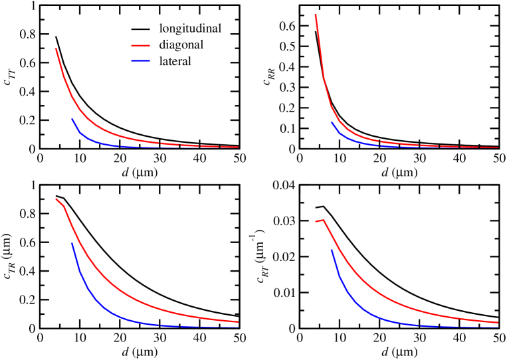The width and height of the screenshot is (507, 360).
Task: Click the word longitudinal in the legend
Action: tap(190, 29)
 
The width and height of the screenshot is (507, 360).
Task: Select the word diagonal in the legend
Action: tap(181, 45)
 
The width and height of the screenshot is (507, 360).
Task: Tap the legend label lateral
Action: tap(175, 62)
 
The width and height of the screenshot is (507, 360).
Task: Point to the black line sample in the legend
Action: tap(140, 29)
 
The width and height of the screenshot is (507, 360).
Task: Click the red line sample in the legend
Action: tap(140, 46)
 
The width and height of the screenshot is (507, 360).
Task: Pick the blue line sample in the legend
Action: tap(140, 62)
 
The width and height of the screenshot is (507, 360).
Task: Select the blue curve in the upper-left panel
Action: tap(100, 141)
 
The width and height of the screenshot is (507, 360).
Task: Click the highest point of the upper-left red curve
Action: tap(56, 48)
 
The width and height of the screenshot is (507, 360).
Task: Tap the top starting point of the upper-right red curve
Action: tap(315, 14)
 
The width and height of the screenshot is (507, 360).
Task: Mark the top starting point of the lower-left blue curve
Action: tap(72, 243)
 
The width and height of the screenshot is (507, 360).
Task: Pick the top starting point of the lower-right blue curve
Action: tap(331, 249)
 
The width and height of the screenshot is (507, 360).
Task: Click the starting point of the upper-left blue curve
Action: tap(72, 119)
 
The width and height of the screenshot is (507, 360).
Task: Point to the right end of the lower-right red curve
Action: tap(498, 322)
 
